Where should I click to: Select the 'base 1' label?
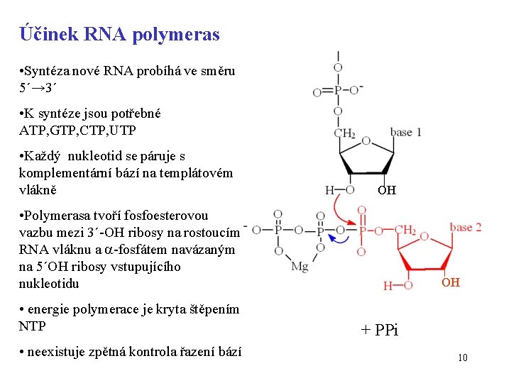406,132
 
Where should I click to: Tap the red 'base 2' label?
466,227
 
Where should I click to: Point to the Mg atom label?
300,267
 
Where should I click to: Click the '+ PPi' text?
380,329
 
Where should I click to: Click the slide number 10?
462,357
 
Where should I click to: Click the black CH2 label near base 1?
344,133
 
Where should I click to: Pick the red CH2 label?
405,229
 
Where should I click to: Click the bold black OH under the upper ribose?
387,190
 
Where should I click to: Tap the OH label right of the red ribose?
451,282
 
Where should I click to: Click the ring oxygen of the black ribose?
366,141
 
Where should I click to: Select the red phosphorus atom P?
362,230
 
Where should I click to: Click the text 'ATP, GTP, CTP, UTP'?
77,131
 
